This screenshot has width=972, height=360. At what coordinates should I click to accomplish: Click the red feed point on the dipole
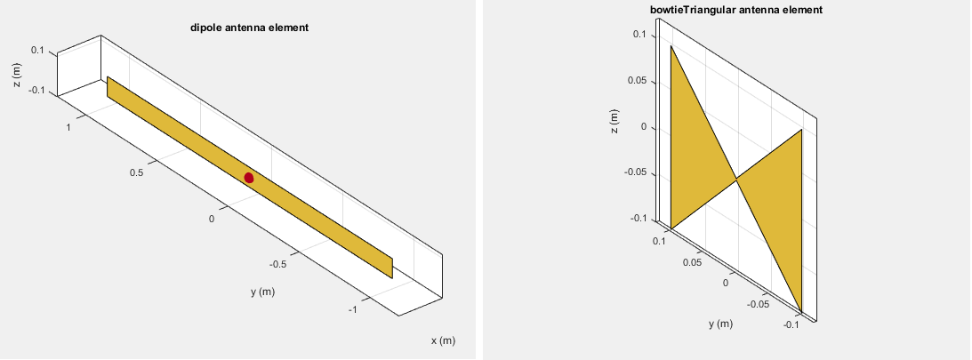coord(249,178)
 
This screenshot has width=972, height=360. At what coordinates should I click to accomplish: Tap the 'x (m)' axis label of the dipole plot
coord(443,340)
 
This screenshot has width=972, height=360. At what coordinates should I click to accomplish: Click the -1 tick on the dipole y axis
coord(353,308)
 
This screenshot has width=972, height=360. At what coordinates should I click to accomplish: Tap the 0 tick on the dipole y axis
coord(212,218)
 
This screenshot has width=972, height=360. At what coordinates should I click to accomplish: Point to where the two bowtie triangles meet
coord(736,180)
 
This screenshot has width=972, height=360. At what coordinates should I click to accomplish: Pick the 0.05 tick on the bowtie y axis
coord(692,262)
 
